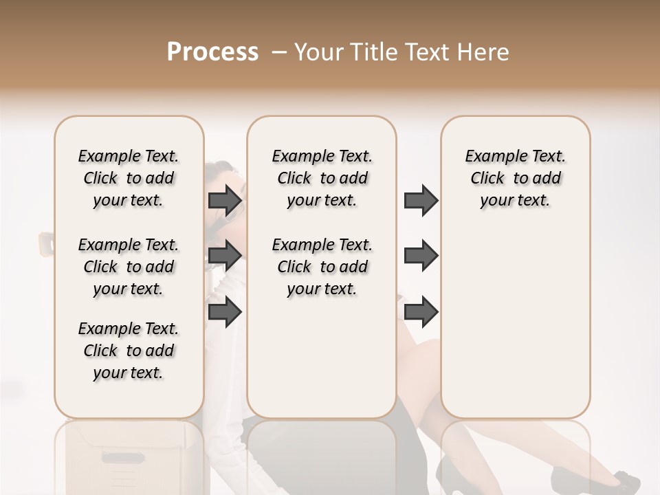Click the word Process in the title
(x=212, y=52)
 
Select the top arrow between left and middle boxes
(x=225, y=200)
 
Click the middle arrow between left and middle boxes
(x=225, y=256)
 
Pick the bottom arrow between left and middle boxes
(x=225, y=311)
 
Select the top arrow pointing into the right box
(x=421, y=200)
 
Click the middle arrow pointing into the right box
(x=421, y=256)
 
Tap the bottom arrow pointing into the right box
(x=421, y=311)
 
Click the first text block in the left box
(x=129, y=178)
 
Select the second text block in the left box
(x=129, y=267)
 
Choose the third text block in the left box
(x=129, y=351)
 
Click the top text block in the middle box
(x=322, y=178)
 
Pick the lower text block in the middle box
(x=322, y=267)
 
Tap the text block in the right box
(x=515, y=178)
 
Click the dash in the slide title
(x=279, y=52)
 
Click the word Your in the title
(x=320, y=52)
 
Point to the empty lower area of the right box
(x=515, y=330)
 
